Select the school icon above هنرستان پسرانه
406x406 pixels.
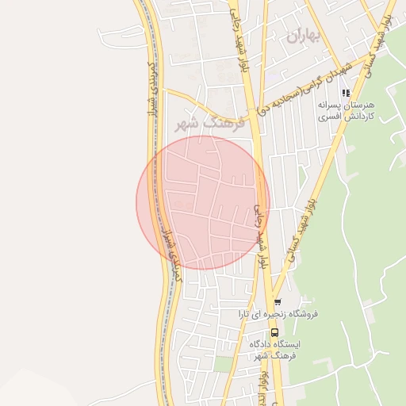pyautogui.click(x=345, y=93)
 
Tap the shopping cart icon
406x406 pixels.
pyautogui.click(x=277, y=302)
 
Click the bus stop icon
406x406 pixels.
pyautogui.click(x=274, y=333)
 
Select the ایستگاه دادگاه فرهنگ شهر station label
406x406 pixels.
pyautogui.click(x=276, y=350)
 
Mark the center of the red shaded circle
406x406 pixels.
pyautogui.click(x=203, y=202)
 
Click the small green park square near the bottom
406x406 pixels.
pyautogui.click(x=224, y=364)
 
